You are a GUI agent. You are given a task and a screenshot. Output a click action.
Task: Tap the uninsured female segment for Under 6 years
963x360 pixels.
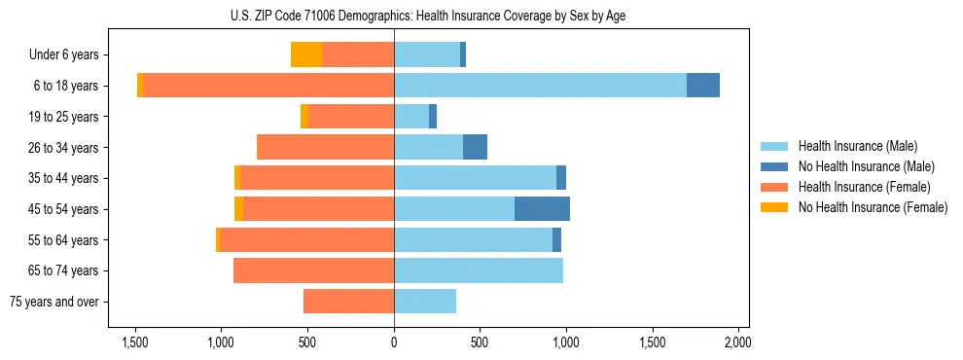(306, 54)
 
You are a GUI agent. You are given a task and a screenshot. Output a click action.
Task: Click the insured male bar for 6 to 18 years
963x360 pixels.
(540, 86)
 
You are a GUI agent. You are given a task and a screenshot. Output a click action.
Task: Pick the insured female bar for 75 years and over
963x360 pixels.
(348, 302)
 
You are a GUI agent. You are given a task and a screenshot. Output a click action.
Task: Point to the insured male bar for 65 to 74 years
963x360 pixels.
(479, 270)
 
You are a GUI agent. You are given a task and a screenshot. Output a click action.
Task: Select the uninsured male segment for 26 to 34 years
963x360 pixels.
(475, 147)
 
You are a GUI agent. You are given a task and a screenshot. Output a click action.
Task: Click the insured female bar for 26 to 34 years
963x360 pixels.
(325, 147)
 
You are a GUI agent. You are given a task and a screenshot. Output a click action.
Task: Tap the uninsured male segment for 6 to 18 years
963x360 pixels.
(703, 86)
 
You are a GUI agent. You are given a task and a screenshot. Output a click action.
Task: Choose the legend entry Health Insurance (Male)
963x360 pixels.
(857, 146)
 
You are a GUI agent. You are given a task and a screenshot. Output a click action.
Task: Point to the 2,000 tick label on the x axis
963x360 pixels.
(738, 342)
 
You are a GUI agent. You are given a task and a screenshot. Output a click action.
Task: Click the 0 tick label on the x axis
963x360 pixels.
(394, 342)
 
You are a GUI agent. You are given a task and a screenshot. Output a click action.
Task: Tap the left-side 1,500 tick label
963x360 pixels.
(134, 342)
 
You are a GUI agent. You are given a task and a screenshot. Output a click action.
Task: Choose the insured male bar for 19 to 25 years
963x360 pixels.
(411, 117)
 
